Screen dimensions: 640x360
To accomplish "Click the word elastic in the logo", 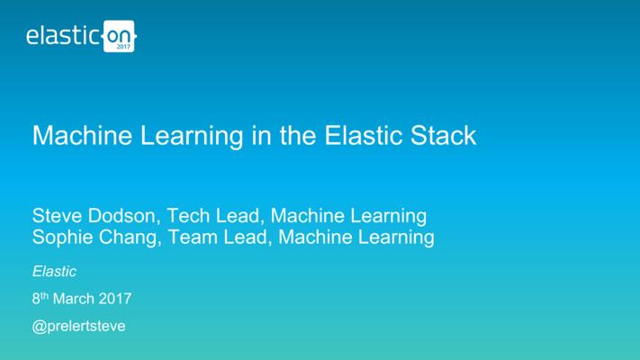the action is click(62, 35).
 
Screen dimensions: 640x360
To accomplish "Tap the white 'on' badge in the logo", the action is click(119, 36).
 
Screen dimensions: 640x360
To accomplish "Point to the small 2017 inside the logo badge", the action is click(123, 47).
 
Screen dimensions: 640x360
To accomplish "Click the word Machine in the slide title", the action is click(83, 135).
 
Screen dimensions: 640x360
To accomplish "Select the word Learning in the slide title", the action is click(192, 137).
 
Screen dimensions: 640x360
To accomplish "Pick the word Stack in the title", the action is click(443, 135).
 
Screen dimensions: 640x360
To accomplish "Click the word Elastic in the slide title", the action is click(364, 135).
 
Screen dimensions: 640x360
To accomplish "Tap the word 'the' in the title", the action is click(298, 135).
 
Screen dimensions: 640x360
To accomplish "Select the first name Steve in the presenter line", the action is click(57, 215).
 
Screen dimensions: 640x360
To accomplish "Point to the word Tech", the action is click(188, 215).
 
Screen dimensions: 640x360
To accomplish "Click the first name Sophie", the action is click(61, 238).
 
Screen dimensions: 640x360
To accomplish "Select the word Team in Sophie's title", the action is click(192, 237).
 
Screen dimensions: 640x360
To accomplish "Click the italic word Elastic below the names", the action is click(54, 272).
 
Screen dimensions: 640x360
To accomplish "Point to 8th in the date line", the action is click(41, 298).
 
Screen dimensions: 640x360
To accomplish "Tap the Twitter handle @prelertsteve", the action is click(79, 326).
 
